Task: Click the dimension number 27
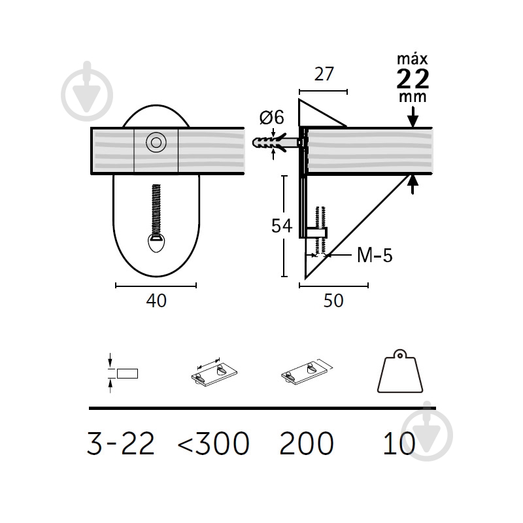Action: pyautogui.click(x=324, y=74)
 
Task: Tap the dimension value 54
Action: pyautogui.click(x=282, y=226)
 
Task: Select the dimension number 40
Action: pyautogui.click(x=156, y=301)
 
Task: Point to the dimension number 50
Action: pyautogui.click(x=333, y=301)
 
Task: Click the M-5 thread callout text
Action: pyautogui.click(x=375, y=255)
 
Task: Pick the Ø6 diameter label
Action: pyautogui.click(x=272, y=118)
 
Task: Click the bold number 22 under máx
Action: pyautogui.click(x=413, y=78)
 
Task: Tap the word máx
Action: pyautogui.click(x=413, y=59)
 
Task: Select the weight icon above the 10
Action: pyautogui.click(x=400, y=371)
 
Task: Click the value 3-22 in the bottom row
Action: pyautogui.click(x=121, y=443)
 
